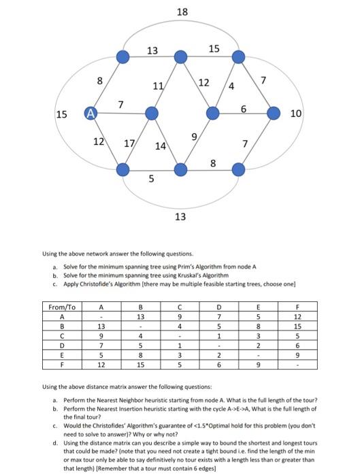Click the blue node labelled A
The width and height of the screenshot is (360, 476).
[x=89, y=114]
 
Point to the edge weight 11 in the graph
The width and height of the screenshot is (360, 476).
[x=159, y=86]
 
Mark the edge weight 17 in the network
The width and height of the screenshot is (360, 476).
[x=129, y=144]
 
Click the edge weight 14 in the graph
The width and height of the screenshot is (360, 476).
[x=161, y=146]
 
